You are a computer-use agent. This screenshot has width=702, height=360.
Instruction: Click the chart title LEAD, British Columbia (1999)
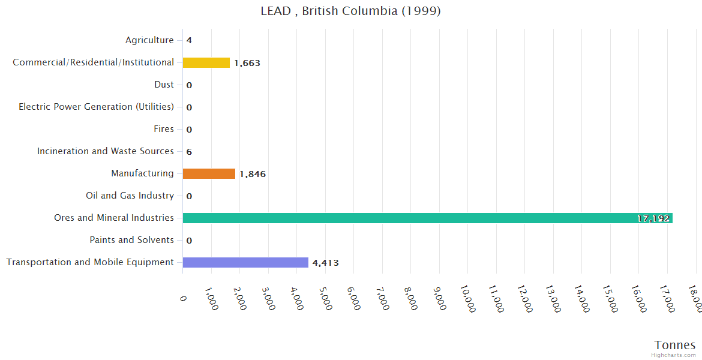coord(350,11)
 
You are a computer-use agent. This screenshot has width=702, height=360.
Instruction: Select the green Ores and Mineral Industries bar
coord(427,218)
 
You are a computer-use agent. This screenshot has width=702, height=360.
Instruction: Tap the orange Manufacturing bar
coord(209,174)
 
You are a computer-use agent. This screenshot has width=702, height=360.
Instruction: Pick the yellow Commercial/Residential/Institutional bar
coord(206,62)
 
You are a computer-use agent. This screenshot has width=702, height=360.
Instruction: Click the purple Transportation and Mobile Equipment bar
coord(245,262)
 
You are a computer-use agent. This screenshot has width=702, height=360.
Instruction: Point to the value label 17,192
coord(653,218)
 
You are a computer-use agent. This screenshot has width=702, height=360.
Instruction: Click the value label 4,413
coord(325,263)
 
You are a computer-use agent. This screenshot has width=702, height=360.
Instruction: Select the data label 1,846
coord(253,174)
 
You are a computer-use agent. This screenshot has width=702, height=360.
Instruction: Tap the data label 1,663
coord(247,63)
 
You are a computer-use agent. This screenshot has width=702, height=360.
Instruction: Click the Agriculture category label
coord(149,40)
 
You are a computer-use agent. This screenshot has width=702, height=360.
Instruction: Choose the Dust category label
coord(164,85)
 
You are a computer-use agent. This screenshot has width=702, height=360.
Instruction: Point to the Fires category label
coord(164,129)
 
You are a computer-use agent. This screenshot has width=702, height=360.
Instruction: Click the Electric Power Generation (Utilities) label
coord(96,107)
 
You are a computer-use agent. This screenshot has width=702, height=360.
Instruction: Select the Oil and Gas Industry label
coord(130,196)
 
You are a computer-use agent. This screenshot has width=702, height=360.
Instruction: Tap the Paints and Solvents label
coord(131,240)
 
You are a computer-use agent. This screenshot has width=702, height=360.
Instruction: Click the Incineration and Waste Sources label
coord(105,151)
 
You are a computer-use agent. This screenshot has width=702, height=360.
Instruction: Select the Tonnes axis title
coord(675,345)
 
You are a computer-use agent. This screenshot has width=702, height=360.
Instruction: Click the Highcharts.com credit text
coord(674,355)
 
